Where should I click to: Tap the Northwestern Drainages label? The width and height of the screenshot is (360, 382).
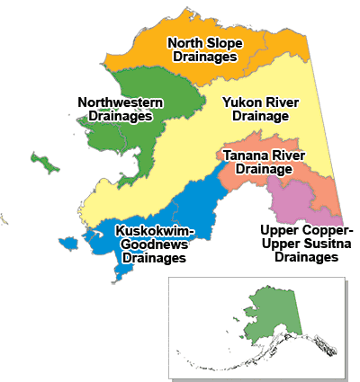point(121,109)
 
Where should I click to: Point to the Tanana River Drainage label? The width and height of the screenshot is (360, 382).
point(259,162)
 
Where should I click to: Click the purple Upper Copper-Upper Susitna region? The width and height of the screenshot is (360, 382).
point(306,202)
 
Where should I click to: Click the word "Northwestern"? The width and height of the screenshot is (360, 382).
point(121,102)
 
